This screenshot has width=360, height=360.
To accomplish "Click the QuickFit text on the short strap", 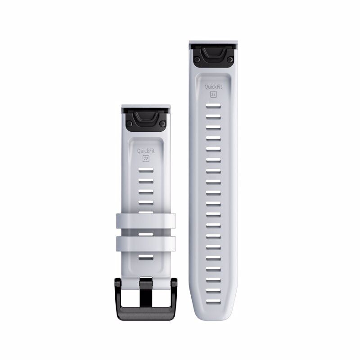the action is [x=146, y=151].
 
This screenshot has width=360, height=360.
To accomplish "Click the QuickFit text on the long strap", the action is [x=213, y=87].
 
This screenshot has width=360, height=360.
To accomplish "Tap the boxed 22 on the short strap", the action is [x=146, y=158].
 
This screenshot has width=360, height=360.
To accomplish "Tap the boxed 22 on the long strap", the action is [x=213, y=94].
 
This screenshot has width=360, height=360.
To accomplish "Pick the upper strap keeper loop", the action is [x=146, y=221].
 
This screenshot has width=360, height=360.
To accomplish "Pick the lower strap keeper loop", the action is [x=146, y=243].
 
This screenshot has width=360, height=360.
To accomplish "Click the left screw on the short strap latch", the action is [x=129, y=124].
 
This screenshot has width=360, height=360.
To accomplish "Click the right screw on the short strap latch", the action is [x=162, y=124].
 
